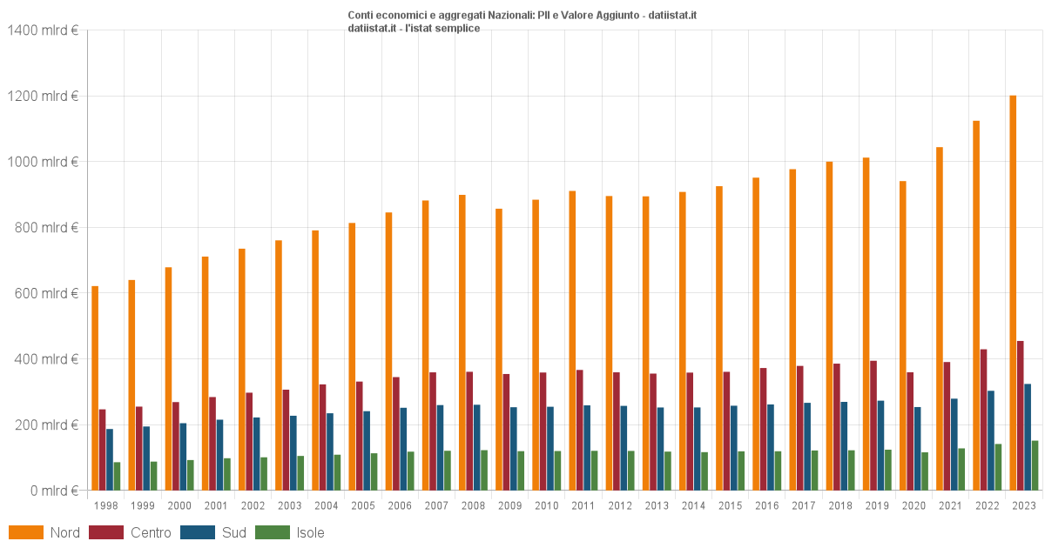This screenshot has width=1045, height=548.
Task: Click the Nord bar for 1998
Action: coord(95,388)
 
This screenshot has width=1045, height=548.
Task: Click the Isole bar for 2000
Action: coord(191,475)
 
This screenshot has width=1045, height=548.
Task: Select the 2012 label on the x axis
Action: coord(620,505)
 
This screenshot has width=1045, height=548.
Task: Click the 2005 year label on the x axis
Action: coord(363,505)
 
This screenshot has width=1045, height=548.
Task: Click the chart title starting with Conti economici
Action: coord(522,16)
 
